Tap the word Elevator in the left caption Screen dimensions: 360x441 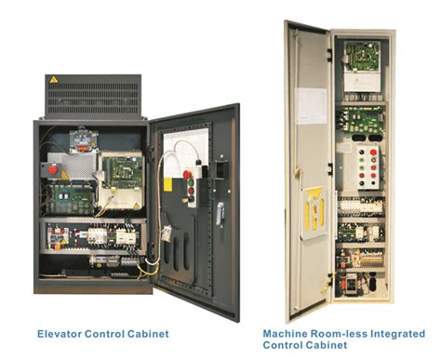point(60,331)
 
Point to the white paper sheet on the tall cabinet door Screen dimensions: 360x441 point(310,102)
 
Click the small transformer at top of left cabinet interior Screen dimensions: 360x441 point(79,135)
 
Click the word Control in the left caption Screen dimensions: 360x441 point(108,331)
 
